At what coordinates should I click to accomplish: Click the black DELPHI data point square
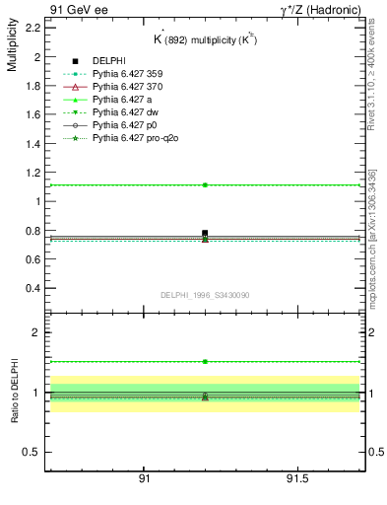pyautogui.click(x=205, y=233)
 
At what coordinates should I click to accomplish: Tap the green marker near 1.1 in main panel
pyautogui.click(x=205, y=184)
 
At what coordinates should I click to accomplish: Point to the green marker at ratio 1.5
pyautogui.click(x=205, y=362)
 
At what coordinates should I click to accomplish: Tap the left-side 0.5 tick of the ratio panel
pyautogui.click(x=32, y=452)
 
